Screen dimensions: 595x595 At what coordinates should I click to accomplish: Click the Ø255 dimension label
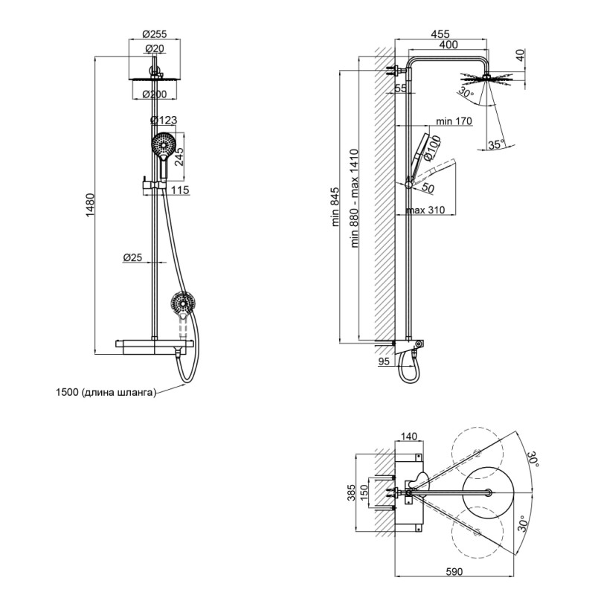pyautogui.click(x=155, y=33)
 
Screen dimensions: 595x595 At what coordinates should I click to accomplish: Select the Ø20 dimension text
pyautogui.click(x=155, y=48)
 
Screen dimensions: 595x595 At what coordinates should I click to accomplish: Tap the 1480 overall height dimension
pyautogui.click(x=91, y=204)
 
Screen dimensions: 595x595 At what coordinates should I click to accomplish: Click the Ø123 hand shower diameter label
pyautogui.click(x=164, y=120)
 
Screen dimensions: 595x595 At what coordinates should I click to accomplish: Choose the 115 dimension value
pyautogui.click(x=180, y=190)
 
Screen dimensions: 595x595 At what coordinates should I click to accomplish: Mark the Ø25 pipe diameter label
pyautogui.click(x=132, y=257)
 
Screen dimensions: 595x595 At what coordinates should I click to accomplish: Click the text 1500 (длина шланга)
pyautogui.click(x=106, y=393)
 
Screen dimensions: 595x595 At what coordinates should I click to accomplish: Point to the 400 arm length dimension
pyautogui.click(x=448, y=45)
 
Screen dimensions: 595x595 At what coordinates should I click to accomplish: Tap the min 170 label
pyautogui.click(x=454, y=121)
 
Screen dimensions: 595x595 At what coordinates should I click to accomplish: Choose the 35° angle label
pyautogui.click(x=496, y=144)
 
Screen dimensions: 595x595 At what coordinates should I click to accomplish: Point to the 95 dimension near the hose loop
pyautogui.click(x=385, y=361)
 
